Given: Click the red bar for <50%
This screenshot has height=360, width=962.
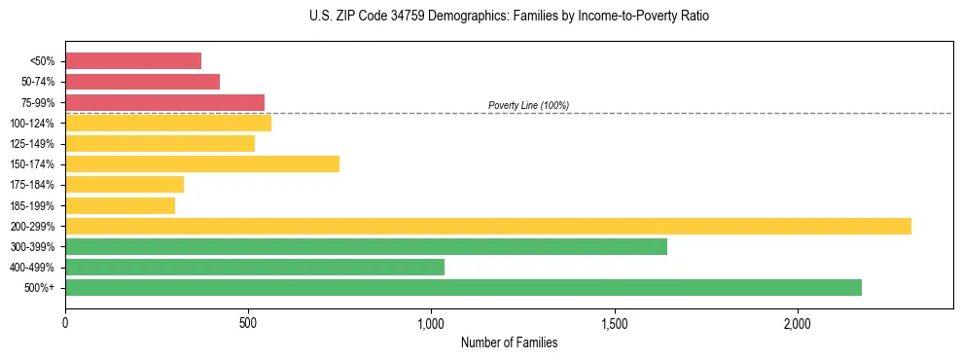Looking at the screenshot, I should [133, 61].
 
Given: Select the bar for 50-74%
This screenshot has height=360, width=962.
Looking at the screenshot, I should [142, 82].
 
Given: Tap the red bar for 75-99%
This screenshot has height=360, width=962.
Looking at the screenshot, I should [164, 102].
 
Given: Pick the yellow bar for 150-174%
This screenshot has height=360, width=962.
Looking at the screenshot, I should [202, 163].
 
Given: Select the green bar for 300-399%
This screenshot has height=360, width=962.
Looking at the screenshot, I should [366, 246].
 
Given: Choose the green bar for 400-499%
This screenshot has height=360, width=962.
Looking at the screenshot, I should [255, 267].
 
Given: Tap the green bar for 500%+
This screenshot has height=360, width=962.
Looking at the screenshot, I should [463, 287].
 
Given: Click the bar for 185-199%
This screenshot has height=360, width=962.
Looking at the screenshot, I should [120, 205].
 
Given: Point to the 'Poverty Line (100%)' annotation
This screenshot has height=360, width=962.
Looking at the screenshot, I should [528, 105].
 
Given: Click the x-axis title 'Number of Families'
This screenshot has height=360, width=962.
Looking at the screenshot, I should [509, 342].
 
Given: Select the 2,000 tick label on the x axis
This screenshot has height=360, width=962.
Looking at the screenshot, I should [797, 323].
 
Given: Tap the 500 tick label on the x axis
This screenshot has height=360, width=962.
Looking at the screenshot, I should [248, 323].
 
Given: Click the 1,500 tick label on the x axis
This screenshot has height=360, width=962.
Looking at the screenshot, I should [614, 323].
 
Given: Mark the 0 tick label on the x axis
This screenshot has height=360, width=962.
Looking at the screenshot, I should [65, 323].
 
